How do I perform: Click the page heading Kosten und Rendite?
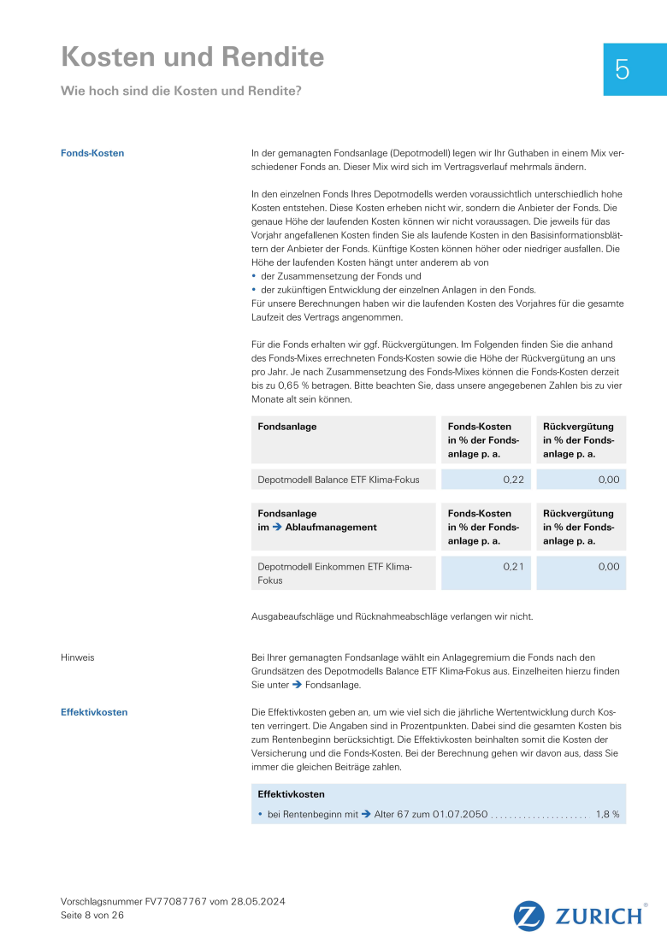192,57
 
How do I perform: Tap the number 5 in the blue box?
622,70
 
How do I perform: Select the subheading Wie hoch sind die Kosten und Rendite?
180,91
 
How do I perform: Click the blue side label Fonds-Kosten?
92,153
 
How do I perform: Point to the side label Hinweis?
78,657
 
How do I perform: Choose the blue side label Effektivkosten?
94,712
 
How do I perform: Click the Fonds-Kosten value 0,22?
513,480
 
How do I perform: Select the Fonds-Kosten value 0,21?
513,566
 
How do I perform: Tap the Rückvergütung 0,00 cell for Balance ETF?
608,480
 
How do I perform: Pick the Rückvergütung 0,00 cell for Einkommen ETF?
608,566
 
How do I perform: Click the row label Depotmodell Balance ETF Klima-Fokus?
339,480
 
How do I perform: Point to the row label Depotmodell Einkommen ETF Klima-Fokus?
334,573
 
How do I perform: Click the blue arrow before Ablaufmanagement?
276,528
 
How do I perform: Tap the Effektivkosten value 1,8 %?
607,815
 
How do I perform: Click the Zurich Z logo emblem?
529,916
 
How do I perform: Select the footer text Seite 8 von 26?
92,915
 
